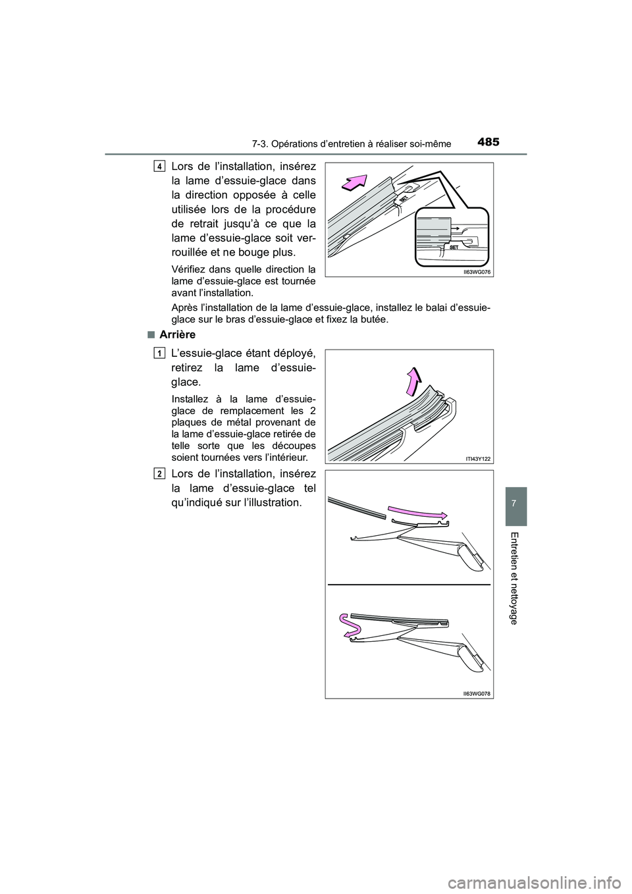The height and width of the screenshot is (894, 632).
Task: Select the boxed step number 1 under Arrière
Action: point(161,354)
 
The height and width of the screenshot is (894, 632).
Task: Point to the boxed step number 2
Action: point(161,473)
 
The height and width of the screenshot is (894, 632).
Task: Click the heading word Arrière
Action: point(178,335)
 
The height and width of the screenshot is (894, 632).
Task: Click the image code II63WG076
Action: point(478,271)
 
